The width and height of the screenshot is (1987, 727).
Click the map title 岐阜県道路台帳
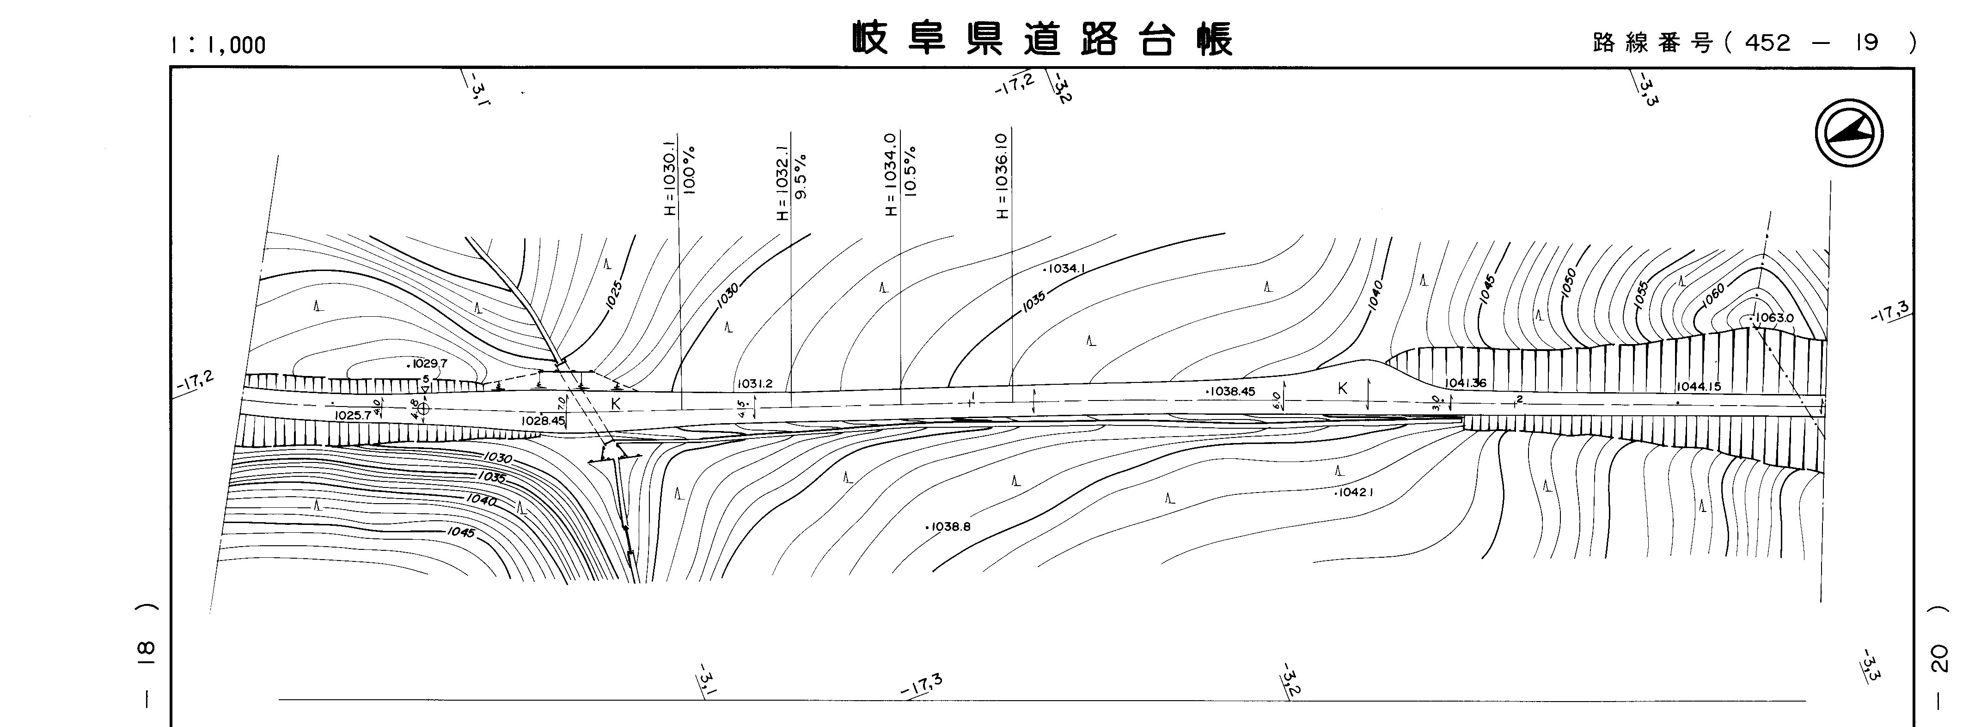tap(1042, 38)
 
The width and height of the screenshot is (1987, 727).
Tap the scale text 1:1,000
tap(218, 45)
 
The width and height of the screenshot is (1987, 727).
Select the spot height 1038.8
tap(949, 527)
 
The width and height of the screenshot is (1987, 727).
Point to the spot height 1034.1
tap(1064, 269)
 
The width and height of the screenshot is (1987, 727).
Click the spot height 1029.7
tap(428, 363)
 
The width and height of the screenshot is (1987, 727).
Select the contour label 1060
tap(1712, 296)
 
